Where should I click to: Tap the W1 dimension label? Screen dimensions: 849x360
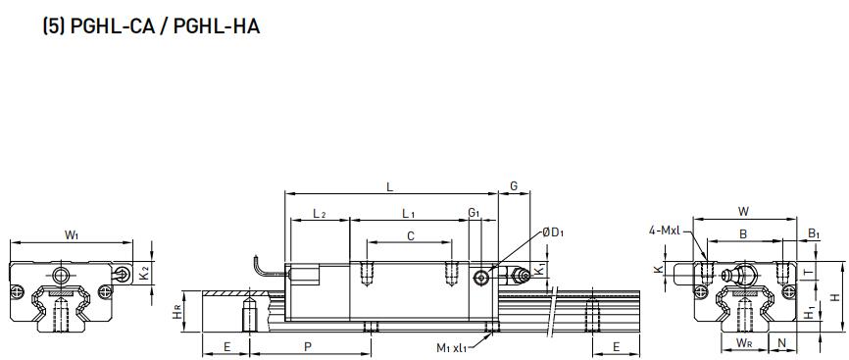(72, 234)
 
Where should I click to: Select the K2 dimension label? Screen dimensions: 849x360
(144, 276)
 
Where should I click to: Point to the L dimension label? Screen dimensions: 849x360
(389, 187)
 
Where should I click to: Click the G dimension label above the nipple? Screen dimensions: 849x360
(514, 186)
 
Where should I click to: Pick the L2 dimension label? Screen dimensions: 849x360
(320, 214)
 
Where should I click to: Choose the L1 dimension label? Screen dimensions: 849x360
(409, 214)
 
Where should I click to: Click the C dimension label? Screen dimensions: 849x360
(411, 235)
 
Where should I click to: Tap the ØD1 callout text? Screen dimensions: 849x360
(553, 233)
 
